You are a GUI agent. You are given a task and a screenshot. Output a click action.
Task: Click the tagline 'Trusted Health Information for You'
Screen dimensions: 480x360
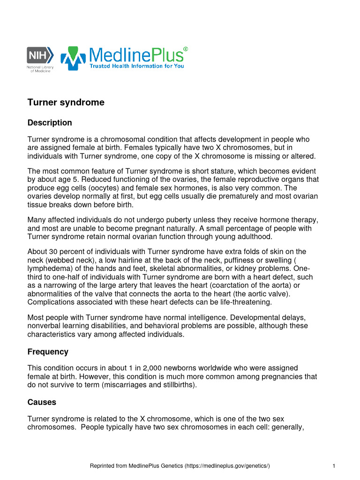[137, 66]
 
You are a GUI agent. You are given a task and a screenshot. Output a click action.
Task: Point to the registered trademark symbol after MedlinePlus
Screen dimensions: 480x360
[186, 49]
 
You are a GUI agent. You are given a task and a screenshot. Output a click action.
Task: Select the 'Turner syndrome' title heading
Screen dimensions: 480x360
[66, 102]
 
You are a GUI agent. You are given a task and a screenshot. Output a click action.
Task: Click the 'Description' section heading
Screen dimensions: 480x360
[50, 123]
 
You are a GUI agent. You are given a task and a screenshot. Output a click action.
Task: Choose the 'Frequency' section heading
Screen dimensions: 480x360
[48, 352]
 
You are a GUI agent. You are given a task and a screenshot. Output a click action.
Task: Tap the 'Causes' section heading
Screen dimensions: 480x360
[42, 402]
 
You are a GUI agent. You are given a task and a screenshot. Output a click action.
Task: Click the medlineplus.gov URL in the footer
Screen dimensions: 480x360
[227, 466]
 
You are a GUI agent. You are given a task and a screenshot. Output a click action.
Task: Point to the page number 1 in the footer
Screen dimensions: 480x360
[333, 466]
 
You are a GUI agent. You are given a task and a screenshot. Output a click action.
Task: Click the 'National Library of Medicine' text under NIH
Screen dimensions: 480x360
[40, 69]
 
